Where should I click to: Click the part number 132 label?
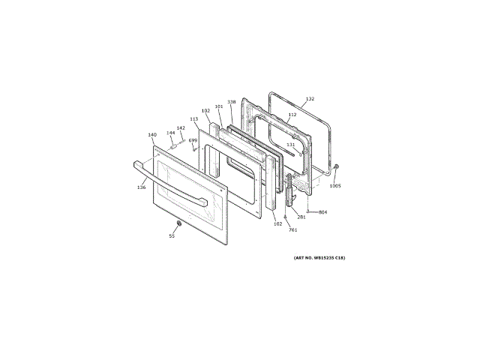pyautogui.click(x=310, y=99)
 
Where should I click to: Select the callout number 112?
pyautogui.click(x=292, y=115)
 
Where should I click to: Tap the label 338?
pyautogui.click(x=231, y=102)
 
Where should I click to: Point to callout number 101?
pyautogui.click(x=218, y=106)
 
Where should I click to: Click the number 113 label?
pyautogui.click(x=193, y=118)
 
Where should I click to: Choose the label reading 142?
pyautogui.click(x=181, y=127)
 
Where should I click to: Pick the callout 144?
pyautogui.click(x=170, y=133)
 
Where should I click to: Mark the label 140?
pyautogui.click(x=151, y=135)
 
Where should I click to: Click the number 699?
pyautogui.click(x=193, y=140)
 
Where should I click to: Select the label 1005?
pyautogui.click(x=335, y=185)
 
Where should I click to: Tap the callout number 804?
pyautogui.click(x=322, y=212)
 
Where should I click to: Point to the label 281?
pyautogui.click(x=301, y=217)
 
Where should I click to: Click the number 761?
pyautogui.click(x=293, y=229)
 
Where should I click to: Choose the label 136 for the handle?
pyautogui.click(x=141, y=187)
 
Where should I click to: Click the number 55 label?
pyautogui.click(x=171, y=236)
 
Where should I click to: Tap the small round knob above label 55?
pyautogui.click(x=178, y=224)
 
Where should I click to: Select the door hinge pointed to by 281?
pyautogui.click(x=289, y=191)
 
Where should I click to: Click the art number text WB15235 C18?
pyautogui.click(x=319, y=258)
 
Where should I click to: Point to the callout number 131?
pyautogui.click(x=291, y=145)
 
